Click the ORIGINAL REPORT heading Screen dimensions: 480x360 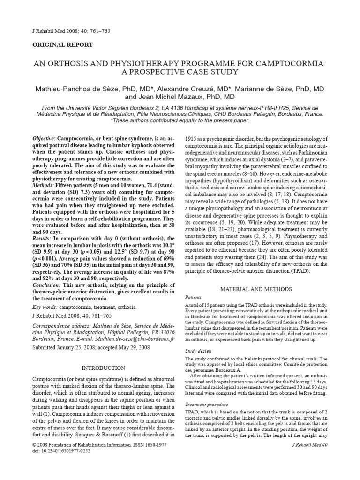[x=62, y=45]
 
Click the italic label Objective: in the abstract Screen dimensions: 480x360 [x=44, y=140]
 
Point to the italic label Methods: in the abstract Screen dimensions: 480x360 [x=43, y=186]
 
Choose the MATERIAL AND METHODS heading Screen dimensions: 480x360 [x=255, y=289]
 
